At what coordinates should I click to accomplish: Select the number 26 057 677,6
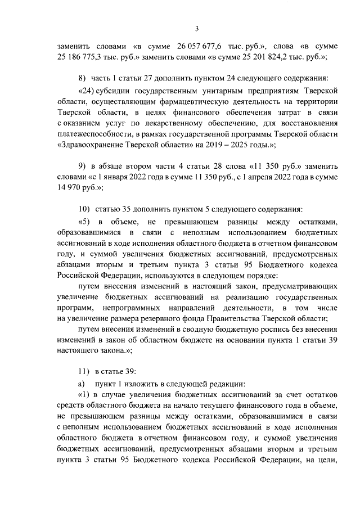[x=200, y=46]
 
